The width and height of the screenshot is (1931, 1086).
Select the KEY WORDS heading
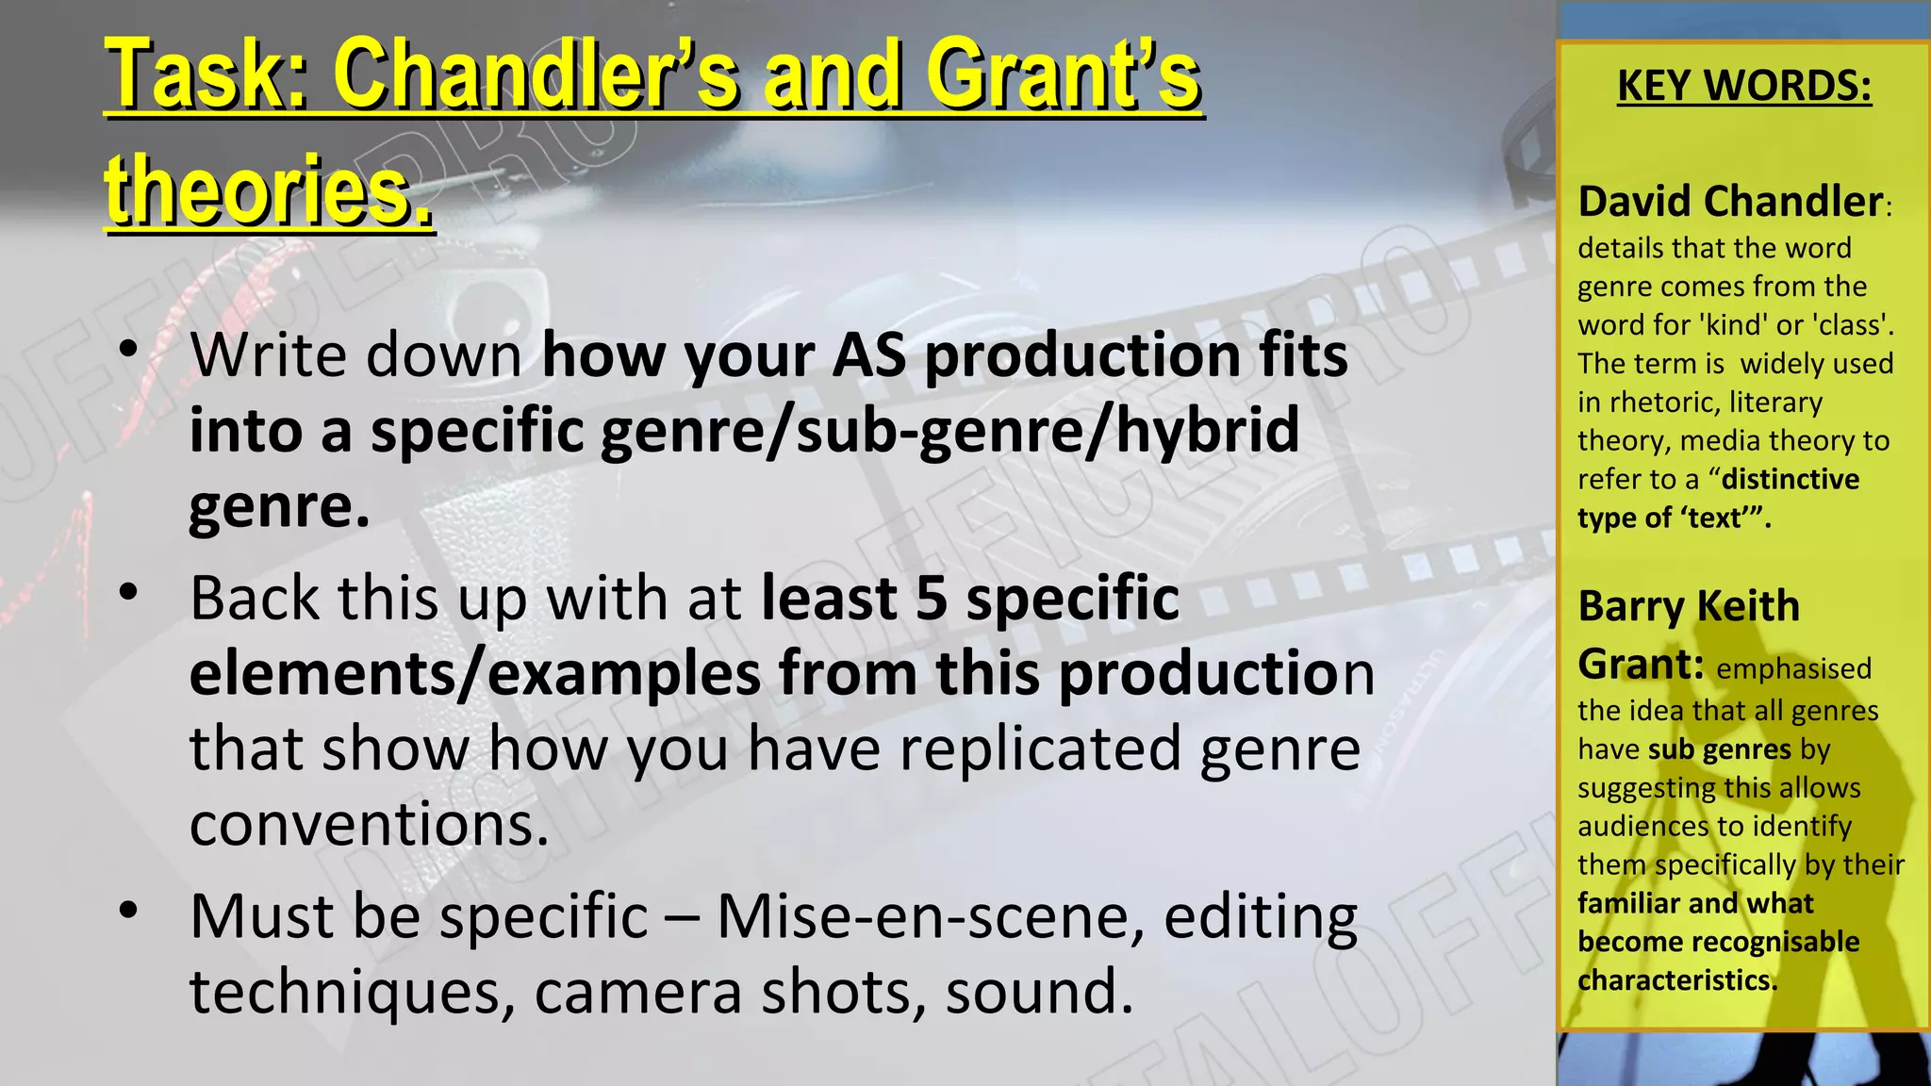click(x=1744, y=86)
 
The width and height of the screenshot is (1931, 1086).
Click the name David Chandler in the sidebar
click(x=1730, y=202)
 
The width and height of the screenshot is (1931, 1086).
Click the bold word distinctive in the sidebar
click(x=1791, y=479)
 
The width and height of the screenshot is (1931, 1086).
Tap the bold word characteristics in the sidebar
click(x=1676, y=980)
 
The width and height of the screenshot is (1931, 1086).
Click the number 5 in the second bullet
click(x=932, y=599)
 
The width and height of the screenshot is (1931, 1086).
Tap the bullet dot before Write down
click(x=129, y=350)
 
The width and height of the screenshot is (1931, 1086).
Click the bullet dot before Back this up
click(x=129, y=593)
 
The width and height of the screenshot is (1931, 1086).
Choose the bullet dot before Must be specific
click(x=129, y=911)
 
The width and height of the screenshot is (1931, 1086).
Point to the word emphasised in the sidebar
click(x=1793, y=668)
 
